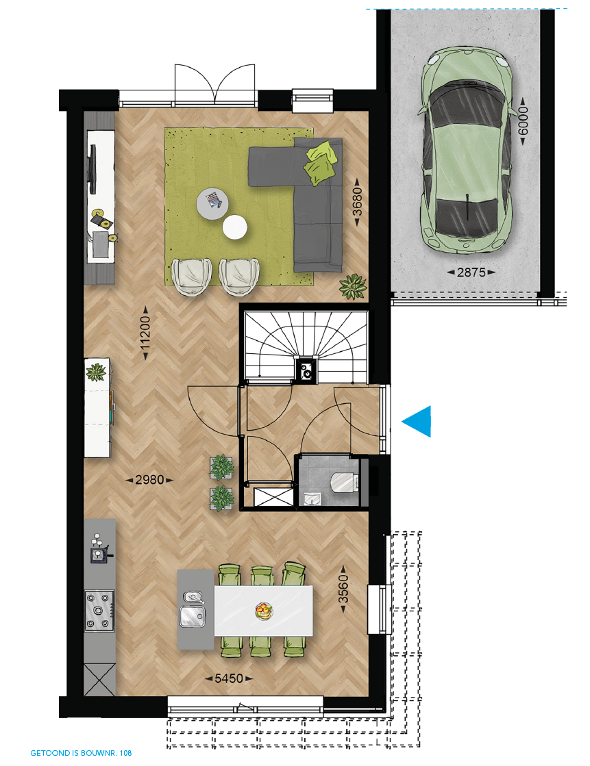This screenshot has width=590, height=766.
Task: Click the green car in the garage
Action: click(x=466, y=151)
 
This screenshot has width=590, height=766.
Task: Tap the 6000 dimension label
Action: click(x=523, y=121)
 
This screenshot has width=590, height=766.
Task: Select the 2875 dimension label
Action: click(x=471, y=272)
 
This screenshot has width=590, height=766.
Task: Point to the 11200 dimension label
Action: click(x=145, y=333)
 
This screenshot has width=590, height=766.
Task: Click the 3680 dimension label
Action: click(x=358, y=202)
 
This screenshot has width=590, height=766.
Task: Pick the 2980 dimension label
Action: click(x=149, y=480)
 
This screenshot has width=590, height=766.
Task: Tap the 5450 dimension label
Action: click(x=229, y=678)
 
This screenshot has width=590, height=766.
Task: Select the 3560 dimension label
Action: click(x=343, y=589)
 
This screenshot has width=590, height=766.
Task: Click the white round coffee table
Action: click(x=235, y=227)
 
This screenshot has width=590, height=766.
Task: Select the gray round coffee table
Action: click(x=213, y=204)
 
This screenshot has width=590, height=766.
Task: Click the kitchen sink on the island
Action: click(x=193, y=615)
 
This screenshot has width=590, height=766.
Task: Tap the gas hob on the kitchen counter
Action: click(x=99, y=611)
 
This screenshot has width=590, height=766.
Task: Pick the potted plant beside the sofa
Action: click(x=353, y=287)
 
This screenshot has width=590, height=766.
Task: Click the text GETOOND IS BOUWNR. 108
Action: click(x=82, y=753)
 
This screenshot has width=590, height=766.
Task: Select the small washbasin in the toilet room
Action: click(x=312, y=498)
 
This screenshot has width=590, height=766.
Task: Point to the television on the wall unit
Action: click(x=92, y=168)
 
